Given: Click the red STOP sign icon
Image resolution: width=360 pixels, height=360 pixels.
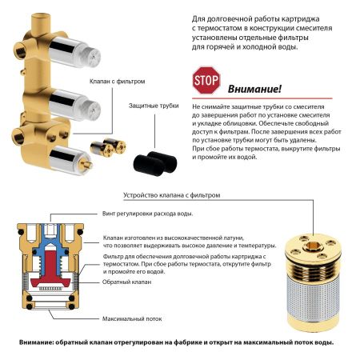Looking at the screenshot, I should (205, 82).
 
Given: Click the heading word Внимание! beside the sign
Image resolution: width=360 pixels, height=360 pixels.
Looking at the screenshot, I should (254, 89).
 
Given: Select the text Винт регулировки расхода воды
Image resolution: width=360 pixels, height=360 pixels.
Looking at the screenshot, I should (148, 214).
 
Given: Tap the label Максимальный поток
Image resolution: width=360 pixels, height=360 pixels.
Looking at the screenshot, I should (128, 318).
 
